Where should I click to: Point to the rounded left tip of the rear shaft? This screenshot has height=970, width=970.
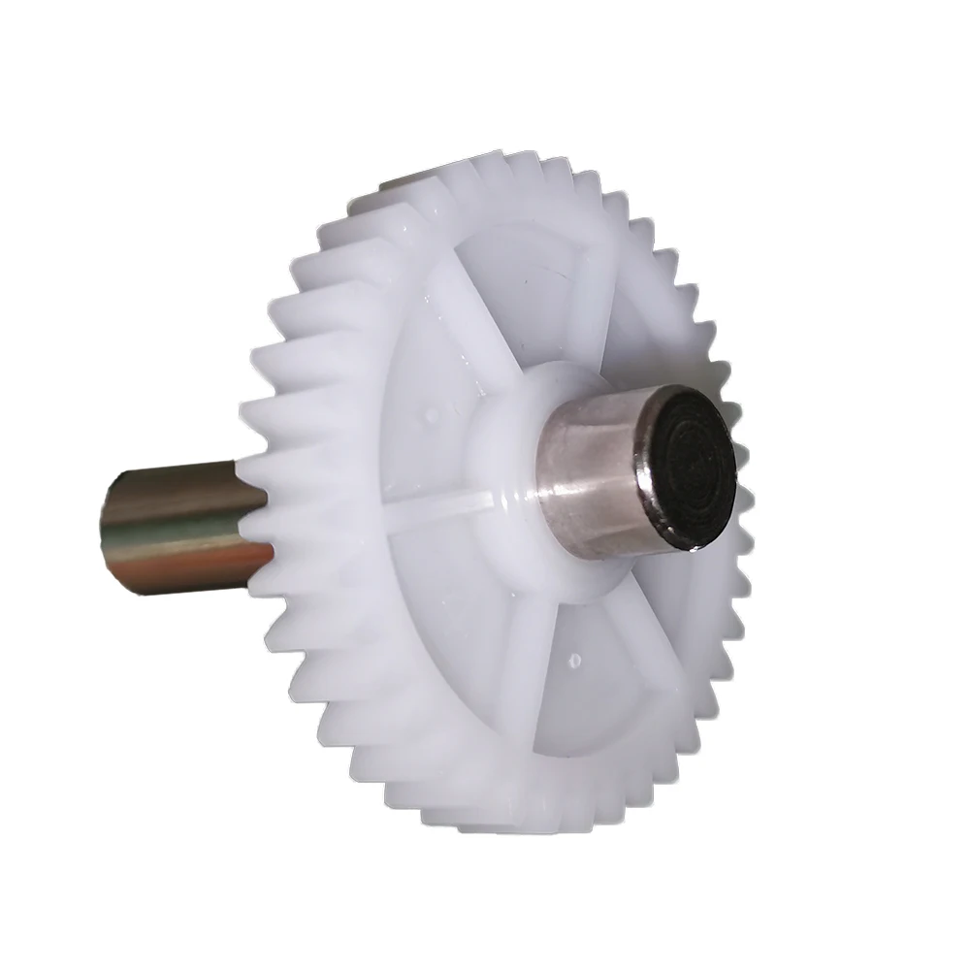tap(110, 529)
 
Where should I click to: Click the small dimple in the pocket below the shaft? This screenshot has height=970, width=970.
tap(574, 660)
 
